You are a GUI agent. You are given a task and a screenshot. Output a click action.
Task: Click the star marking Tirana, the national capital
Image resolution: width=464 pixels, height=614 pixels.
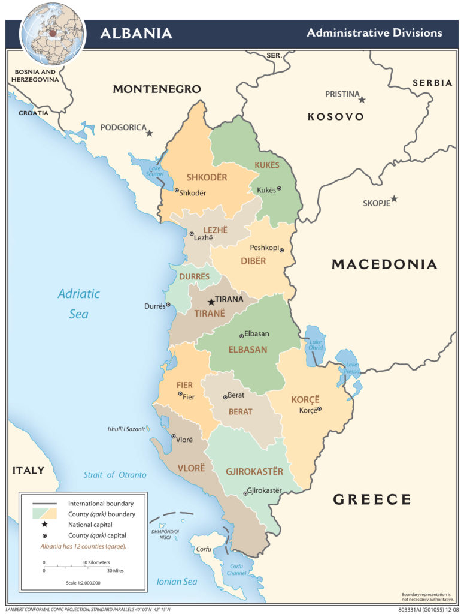tap(211, 302)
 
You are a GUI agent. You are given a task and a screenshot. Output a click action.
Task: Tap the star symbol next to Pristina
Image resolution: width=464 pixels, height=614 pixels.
tap(362, 100)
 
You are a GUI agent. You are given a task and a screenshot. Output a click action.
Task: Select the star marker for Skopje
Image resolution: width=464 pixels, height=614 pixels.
tap(394, 199)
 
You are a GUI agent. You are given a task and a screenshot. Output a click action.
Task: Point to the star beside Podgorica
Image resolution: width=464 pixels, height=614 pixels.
tap(150, 133)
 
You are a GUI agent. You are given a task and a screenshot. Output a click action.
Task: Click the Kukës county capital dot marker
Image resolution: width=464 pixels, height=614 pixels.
tap(279, 189)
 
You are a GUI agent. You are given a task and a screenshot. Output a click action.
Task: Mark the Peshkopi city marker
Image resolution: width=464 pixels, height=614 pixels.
tap(281, 250)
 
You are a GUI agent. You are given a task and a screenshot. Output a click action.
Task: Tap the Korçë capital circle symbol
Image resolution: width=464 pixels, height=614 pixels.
tap(319, 409)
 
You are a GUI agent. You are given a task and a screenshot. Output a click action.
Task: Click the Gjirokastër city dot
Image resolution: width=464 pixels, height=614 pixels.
tap(245, 493)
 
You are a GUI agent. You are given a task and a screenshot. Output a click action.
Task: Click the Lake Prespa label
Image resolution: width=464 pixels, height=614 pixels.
tap(351, 368)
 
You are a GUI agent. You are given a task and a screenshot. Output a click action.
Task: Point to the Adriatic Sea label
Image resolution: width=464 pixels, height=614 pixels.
tap(78, 303)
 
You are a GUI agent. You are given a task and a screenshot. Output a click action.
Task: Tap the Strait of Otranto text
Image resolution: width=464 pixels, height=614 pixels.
tap(114, 475)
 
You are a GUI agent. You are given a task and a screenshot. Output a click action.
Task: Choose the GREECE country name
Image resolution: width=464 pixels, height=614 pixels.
tap(372, 499)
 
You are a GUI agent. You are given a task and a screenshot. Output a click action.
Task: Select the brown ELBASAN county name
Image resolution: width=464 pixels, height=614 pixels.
tap(246, 349)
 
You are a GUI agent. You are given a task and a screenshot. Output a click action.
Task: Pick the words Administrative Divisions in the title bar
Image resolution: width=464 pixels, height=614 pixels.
tap(374, 32)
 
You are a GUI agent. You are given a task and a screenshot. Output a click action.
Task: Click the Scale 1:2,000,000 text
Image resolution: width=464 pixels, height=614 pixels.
tap(83, 582)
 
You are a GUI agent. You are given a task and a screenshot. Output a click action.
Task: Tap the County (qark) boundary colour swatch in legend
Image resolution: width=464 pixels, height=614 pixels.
tap(45, 513)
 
